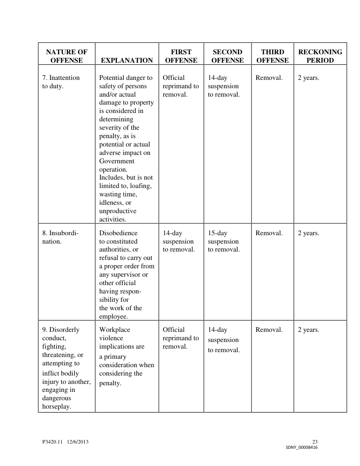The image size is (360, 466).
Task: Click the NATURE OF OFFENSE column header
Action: point(67,56)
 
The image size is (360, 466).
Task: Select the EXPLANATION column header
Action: point(127,60)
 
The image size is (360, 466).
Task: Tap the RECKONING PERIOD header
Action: point(320,56)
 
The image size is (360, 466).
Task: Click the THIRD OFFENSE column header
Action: point(272,56)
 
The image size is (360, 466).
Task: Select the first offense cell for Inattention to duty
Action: point(180,86)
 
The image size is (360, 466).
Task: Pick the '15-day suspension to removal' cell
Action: point(224,241)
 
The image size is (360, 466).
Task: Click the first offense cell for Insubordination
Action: point(179,241)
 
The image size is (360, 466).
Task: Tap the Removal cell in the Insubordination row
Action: point(269,233)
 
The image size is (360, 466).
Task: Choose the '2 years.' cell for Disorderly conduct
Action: point(308,330)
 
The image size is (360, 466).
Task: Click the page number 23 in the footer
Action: point(315,442)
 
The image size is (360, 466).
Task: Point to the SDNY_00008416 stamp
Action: point(301,447)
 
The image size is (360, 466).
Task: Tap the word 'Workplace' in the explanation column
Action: point(115,330)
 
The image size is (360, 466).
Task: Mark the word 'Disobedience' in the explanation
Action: point(118,233)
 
